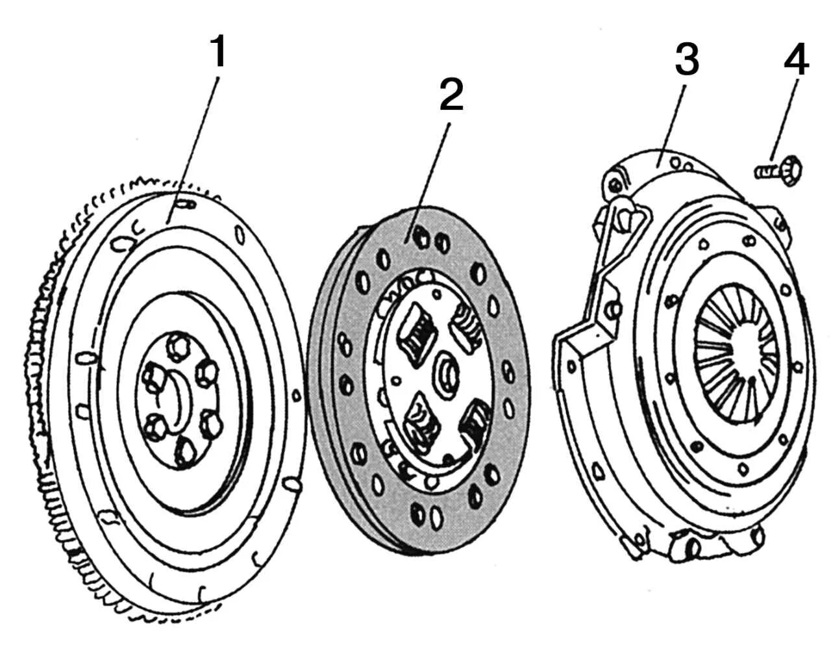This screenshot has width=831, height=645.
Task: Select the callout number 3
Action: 686,60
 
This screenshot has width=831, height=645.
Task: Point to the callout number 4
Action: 796,62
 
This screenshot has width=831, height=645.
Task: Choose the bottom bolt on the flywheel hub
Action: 186,451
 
